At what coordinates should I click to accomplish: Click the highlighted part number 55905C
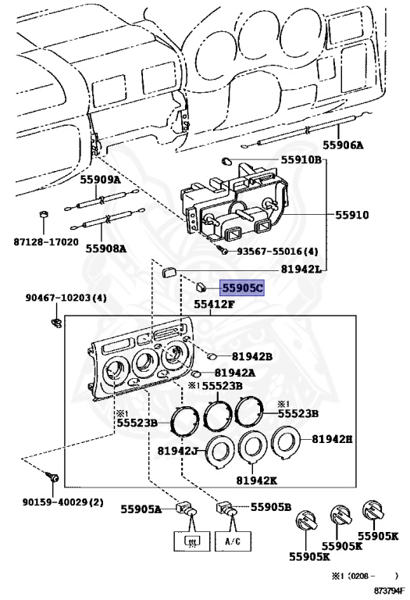(243, 288)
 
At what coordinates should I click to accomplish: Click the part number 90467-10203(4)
(66, 297)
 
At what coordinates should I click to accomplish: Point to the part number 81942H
(332, 439)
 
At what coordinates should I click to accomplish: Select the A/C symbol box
(233, 541)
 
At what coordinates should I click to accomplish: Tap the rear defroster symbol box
(188, 541)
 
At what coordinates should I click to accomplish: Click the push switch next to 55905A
(188, 510)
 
